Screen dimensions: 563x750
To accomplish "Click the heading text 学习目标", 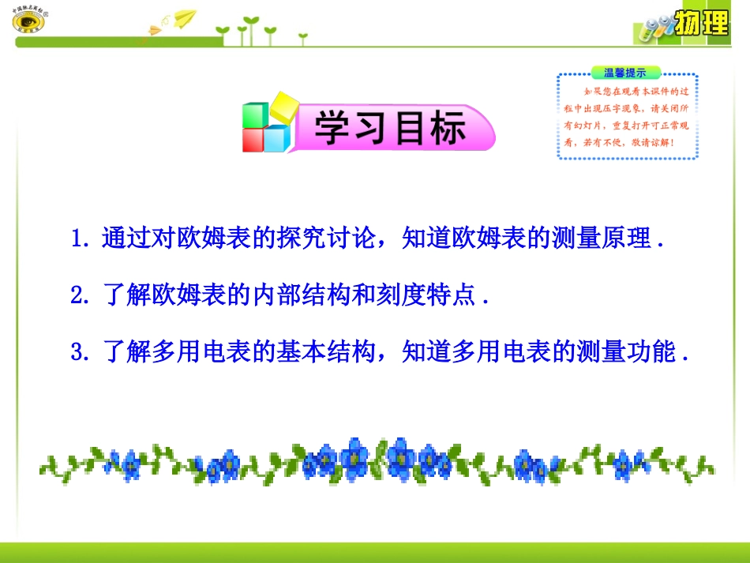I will (x=390, y=128).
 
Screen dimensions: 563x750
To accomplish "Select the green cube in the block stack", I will (x=256, y=115).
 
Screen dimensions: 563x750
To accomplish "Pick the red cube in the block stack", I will (x=254, y=140).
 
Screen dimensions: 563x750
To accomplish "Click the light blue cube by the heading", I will (x=277, y=138).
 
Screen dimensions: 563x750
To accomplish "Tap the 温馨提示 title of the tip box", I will (x=624, y=73).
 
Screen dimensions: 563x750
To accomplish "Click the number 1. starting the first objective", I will (x=82, y=238).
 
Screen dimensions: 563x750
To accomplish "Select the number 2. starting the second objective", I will (x=82, y=295).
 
